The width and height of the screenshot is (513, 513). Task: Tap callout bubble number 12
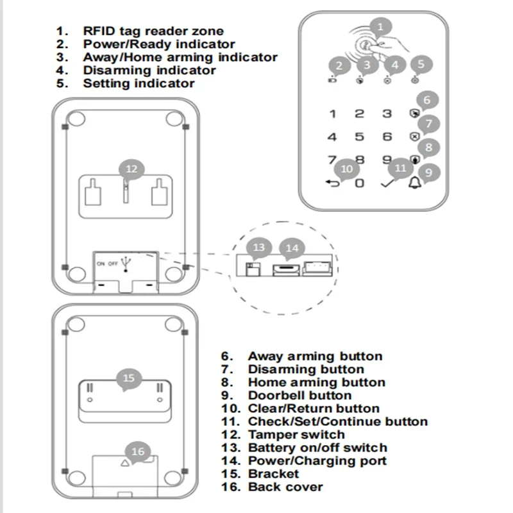131,169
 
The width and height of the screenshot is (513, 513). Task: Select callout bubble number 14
292,248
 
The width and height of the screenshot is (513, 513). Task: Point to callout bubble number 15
129,378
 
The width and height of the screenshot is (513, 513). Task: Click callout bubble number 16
138,451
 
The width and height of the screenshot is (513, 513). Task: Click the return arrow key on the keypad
332,183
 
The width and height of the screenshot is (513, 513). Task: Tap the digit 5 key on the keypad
360,137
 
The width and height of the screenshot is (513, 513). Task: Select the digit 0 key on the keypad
360,183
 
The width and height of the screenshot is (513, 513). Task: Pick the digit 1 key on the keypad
332,114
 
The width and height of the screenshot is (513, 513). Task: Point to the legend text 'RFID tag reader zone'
153,31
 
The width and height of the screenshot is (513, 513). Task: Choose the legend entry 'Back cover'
285,487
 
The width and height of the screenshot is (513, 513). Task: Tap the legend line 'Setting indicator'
139,83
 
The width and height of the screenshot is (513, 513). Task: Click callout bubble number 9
428,171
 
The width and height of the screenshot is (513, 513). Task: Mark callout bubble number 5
421,64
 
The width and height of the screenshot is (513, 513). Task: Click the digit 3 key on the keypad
387,114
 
